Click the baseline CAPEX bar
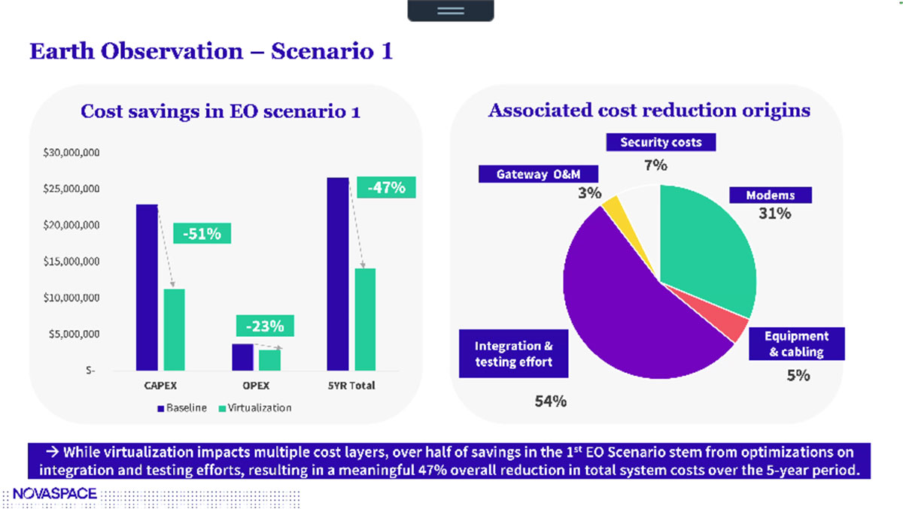coord(147,287)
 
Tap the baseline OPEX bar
coord(242,357)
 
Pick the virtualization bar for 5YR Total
coord(365,320)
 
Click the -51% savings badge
coord(202,234)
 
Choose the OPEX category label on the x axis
coord(255,386)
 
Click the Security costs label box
coord(660,142)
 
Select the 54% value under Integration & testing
coord(550,401)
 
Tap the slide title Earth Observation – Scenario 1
coord(211,51)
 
